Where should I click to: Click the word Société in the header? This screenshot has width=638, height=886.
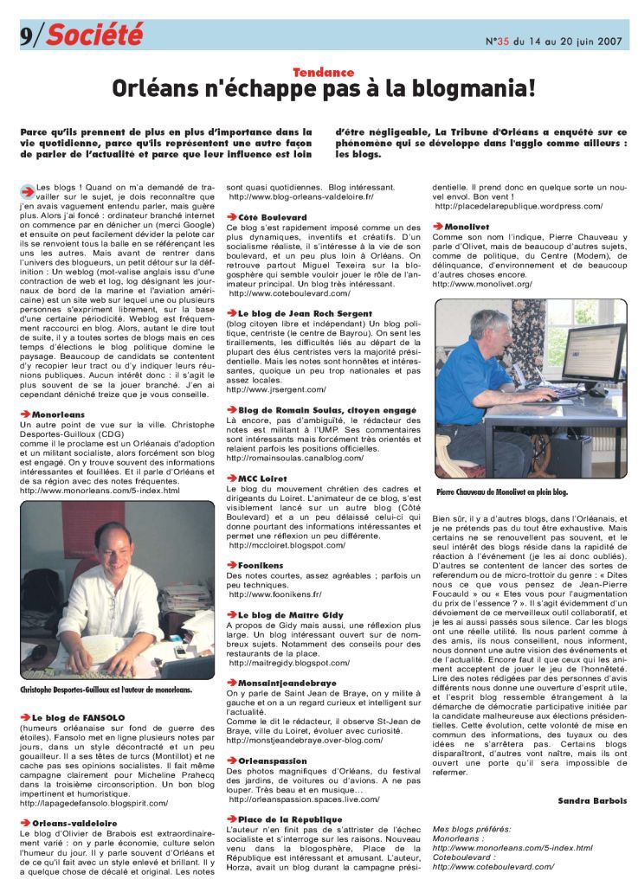tap(94, 34)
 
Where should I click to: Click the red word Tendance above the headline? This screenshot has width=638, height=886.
tap(323, 73)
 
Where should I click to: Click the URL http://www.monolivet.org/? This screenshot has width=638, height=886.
tap(482, 284)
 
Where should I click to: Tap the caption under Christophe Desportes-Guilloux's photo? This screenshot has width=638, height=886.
tap(106, 690)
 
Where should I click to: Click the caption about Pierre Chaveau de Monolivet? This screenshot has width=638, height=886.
tap(502, 491)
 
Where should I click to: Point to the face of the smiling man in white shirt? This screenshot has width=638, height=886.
tap(113, 543)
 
